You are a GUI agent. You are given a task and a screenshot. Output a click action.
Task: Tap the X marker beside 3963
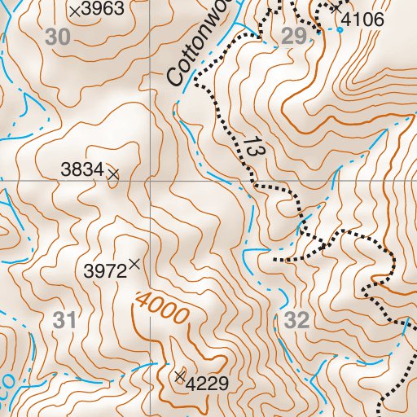[x=76, y=11]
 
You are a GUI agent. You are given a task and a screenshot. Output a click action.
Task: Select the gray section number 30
[x=58, y=37]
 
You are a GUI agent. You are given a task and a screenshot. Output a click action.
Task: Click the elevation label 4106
[x=362, y=19]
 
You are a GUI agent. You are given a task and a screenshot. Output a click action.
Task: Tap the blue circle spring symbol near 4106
[x=340, y=29]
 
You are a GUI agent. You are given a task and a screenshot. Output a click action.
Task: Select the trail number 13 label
[x=252, y=148]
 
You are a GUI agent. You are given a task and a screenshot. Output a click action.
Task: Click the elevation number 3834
[x=82, y=169]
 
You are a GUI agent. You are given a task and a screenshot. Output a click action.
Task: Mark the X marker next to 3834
[x=113, y=173]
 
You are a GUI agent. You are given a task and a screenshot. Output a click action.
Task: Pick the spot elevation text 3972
[x=105, y=270]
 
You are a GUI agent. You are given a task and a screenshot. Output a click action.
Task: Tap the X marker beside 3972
[x=134, y=263]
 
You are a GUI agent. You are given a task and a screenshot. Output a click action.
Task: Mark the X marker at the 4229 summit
[x=179, y=375]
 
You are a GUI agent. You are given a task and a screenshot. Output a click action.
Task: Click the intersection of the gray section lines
[x=151, y=180]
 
